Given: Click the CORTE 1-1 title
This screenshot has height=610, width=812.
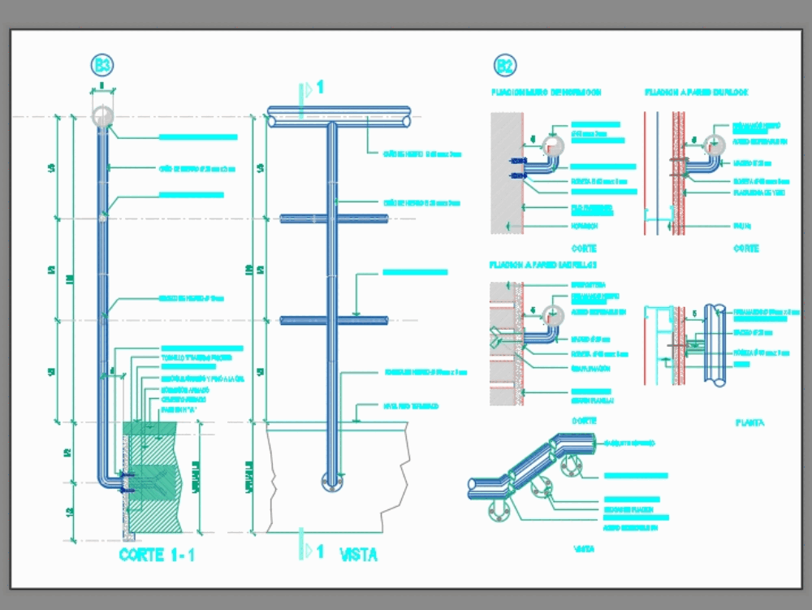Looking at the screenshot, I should tap(157, 556).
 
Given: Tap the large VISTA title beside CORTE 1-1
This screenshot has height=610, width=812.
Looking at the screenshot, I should tap(358, 556).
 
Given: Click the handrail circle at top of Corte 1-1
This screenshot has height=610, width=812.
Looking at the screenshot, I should tap(103, 116).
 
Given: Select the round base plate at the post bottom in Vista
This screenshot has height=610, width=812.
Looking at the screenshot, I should tap(331, 481).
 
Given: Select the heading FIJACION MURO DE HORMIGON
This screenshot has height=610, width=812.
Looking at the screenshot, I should tap(545, 93).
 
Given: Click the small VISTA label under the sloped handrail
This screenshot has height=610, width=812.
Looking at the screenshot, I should tap(584, 549).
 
